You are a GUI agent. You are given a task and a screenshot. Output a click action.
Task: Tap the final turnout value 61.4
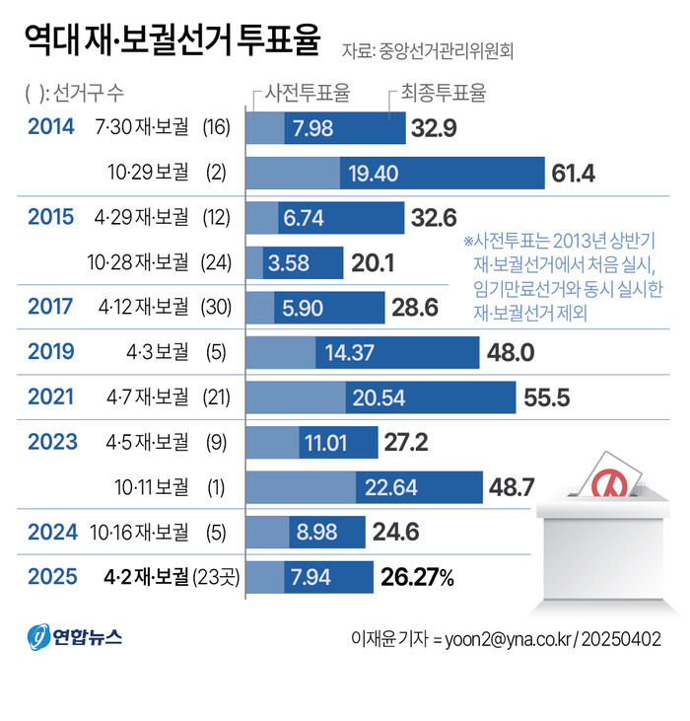coord(573,174)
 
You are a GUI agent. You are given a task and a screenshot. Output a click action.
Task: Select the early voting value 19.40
coord(373,174)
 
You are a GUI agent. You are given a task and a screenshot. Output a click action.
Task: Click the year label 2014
coord(51,127)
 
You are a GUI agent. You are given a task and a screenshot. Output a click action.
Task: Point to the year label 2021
coord(51,397)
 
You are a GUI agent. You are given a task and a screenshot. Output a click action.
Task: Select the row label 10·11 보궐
coord(149,487)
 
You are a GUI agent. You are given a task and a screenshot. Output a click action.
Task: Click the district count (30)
coord(215,307)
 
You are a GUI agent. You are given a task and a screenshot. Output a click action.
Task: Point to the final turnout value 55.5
coord(547,397)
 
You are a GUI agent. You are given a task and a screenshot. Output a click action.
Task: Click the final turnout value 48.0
coord(509,352)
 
